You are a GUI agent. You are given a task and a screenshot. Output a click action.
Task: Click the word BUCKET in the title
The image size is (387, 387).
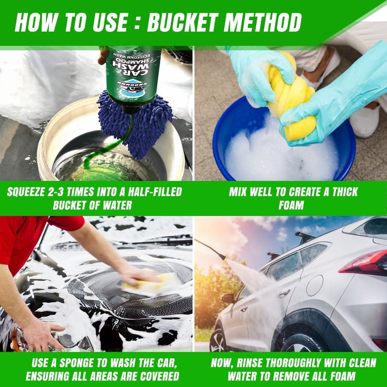tap(183, 22)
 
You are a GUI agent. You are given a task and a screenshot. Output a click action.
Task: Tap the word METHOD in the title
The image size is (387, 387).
tap(262, 22)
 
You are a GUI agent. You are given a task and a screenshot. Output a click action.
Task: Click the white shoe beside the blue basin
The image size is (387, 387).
tap(365, 121)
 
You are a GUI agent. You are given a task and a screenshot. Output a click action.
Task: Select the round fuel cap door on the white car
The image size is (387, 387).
tap(314, 285)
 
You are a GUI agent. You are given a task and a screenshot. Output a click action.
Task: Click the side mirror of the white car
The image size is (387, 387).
tap(228, 298)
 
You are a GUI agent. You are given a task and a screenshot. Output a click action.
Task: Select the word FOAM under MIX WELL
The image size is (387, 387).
tap(291, 205)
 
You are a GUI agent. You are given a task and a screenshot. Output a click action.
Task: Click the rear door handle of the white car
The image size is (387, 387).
tap(284, 294)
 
